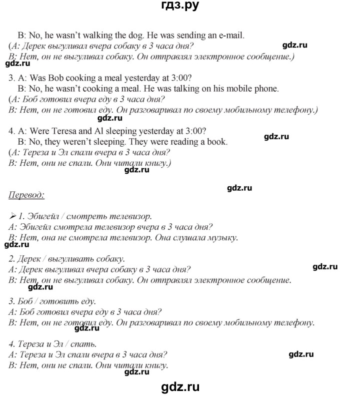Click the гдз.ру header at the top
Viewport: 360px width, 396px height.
coord(180,7)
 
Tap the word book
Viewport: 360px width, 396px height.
coord(217,142)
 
